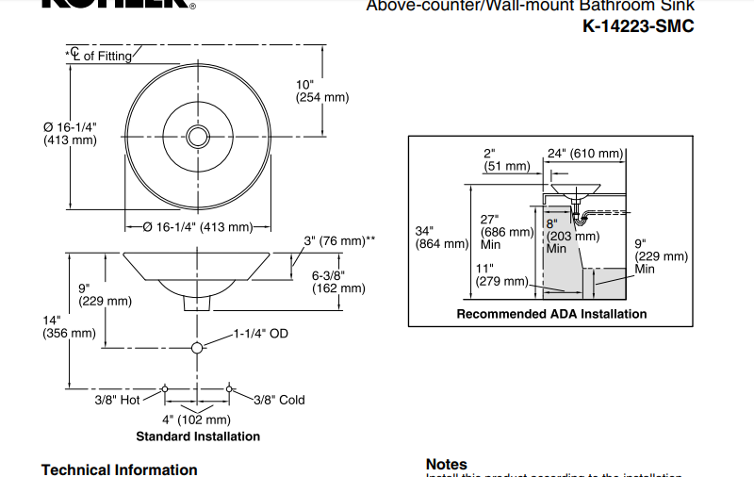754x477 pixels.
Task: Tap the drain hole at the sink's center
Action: point(197,137)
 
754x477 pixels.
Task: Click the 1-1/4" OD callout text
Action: point(261,334)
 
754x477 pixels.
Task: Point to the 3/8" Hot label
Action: point(117,400)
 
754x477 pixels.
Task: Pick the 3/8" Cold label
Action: point(279,400)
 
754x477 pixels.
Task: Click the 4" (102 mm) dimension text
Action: point(196,419)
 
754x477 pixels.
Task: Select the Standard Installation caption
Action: point(198,436)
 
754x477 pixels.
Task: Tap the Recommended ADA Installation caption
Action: point(551,314)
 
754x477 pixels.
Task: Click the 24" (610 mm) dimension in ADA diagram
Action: point(585,153)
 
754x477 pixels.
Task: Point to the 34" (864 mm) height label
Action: point(441,237)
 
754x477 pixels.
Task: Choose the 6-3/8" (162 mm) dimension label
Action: point(338,282)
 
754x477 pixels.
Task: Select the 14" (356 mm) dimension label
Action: point(69,326)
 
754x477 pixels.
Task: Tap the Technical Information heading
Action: point(120,469)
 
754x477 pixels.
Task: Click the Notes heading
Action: point(447,464)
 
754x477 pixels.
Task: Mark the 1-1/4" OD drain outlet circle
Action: point(197,349)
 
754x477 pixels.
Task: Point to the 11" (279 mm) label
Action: point(502,274)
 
